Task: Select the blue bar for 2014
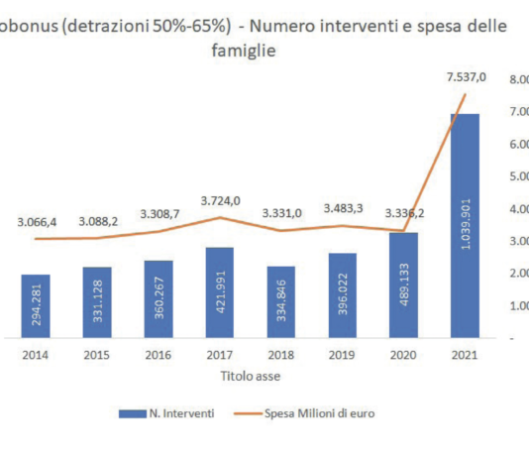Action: (x=36, y=306)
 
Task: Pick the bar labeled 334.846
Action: (x=280, y=302)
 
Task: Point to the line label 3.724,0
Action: (x=219, y=201)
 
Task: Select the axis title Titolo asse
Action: (x=251, y=376)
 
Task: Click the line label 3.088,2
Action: (x=96, y=221)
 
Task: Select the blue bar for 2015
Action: (x=97, y=302)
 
